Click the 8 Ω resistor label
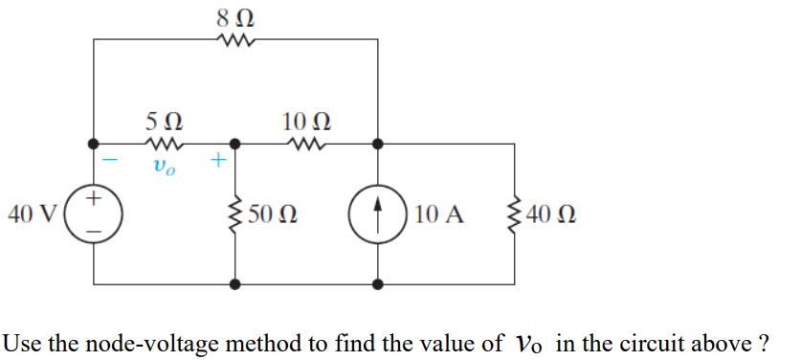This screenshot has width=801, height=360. coord(236,16)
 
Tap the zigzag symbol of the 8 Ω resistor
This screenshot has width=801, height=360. coord(235,40)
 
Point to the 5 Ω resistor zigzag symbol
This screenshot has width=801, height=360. coord(164,145)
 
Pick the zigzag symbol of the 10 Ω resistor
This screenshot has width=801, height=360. coord(306,145)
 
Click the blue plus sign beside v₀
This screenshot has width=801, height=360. coord(217,162)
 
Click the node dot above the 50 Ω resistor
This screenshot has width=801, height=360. coord(234,145)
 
